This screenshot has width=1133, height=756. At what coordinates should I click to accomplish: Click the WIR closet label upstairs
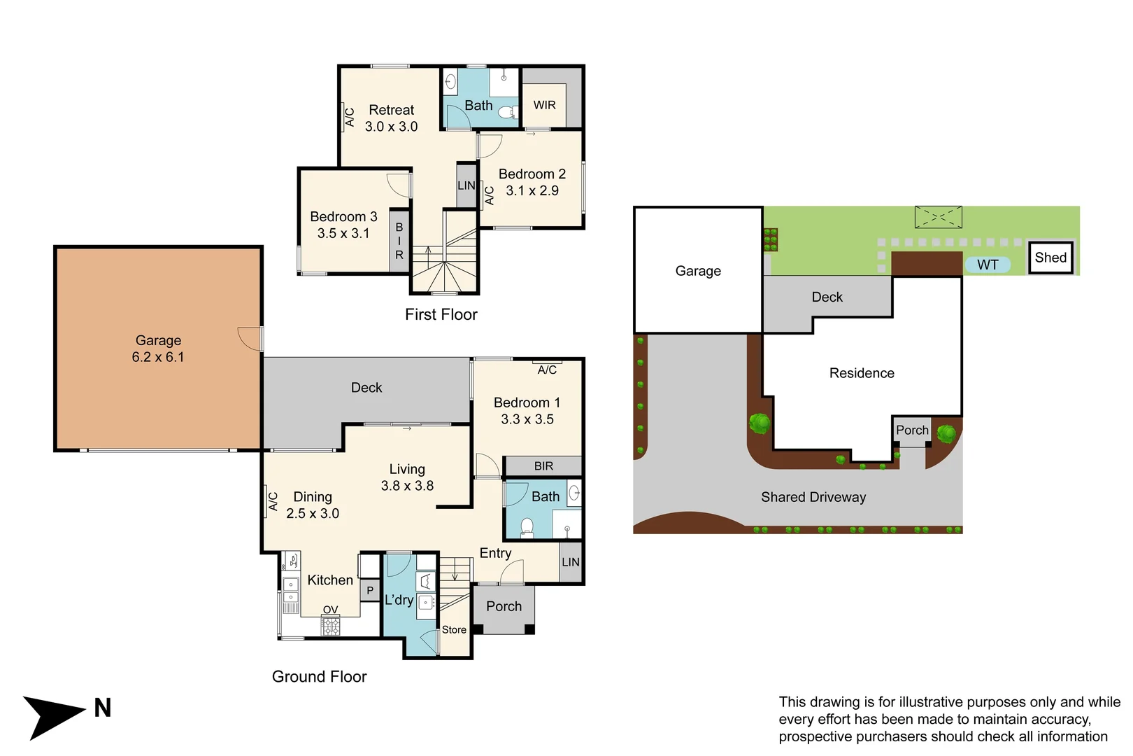544,105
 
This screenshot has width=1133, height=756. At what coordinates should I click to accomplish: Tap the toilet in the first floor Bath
509,112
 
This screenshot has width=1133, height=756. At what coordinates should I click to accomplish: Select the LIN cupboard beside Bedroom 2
466,185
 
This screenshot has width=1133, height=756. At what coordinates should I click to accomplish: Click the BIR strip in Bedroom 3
399,241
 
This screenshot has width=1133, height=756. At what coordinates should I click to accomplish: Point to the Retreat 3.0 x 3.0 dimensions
391,127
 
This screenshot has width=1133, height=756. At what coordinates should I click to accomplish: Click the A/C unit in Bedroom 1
547,369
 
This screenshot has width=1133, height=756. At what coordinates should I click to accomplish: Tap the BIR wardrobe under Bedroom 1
543,465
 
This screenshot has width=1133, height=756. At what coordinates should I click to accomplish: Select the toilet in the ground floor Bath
527,526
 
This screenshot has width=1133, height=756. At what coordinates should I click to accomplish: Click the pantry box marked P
370,590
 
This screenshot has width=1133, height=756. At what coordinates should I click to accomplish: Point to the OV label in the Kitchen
330,610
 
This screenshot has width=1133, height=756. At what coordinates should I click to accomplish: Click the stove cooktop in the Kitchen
331,625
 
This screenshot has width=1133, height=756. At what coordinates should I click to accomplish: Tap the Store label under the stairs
454,629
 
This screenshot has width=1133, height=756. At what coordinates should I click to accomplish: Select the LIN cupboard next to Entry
570,561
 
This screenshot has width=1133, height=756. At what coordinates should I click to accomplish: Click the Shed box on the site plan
1050,258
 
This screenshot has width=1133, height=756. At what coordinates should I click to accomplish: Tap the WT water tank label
988,265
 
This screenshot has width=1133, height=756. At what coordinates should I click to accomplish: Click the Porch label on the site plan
912,430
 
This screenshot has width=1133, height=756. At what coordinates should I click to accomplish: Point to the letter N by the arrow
103,708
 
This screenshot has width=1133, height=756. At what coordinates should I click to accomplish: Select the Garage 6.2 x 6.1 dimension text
158,357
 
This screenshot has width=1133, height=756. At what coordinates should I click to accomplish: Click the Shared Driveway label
813,497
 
